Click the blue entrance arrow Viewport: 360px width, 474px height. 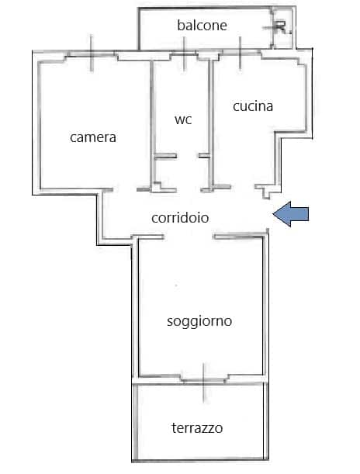click(290, 214)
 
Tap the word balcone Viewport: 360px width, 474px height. click(202, 25)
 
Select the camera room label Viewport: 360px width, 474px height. click(93, 137)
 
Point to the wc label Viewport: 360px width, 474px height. click(183, 119)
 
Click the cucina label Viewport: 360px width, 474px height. click(253, 106)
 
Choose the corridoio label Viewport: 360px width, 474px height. click(180, 218)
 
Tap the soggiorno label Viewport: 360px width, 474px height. click(199, 321)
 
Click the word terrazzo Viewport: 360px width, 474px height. click(197, 428)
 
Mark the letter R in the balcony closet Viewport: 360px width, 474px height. click(281, 27)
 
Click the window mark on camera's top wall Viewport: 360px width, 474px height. click(92, 54)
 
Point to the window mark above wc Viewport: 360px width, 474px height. click(184, 54)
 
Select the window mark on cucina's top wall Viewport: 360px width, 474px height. click(240, 54)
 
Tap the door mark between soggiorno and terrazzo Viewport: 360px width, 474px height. click(203, 382)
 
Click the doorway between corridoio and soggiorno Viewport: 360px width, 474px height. click(189, 237)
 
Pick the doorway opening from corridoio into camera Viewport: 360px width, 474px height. click(125, 189)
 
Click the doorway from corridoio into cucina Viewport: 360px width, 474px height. click(243, 187)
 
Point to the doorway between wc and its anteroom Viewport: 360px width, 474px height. click(188, 156)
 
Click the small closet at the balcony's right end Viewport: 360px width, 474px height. click(282, 27)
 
